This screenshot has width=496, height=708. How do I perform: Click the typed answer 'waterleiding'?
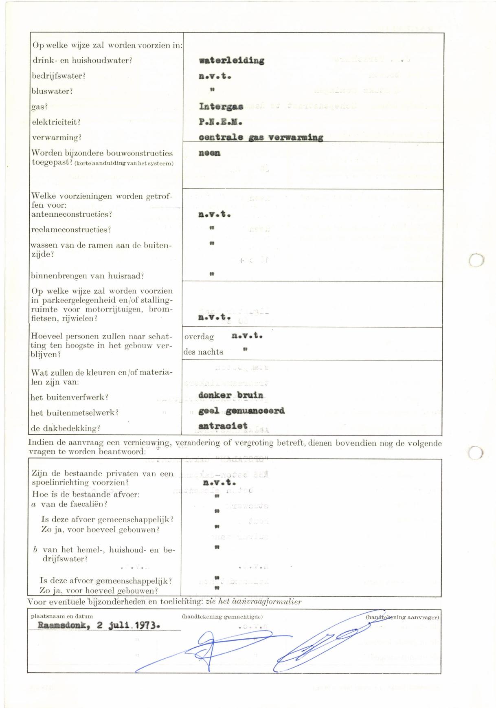[231, 61]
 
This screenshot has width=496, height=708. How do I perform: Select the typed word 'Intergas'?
[221, 107]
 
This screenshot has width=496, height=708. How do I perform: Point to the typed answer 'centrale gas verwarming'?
[261, 138]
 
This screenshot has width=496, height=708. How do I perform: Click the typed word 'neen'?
[209, 153]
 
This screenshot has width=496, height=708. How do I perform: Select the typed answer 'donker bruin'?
[231, 395]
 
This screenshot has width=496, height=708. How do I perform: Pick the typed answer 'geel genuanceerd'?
[241, 411]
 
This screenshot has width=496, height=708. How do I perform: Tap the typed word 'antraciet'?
[223, 426]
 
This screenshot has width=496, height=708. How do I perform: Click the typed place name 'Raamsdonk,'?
[64, 625]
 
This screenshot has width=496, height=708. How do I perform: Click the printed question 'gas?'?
[40, 107]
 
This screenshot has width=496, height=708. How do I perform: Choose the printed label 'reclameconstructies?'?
[71, 230]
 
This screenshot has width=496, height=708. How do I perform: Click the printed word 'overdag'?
[200, 337]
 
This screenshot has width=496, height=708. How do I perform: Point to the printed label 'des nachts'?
[203, 352]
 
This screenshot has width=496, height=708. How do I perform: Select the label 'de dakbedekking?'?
[65, 428]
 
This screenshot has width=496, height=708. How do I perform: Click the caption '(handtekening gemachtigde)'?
[222, 617]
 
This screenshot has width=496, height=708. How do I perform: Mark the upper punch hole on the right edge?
[476, 260]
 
